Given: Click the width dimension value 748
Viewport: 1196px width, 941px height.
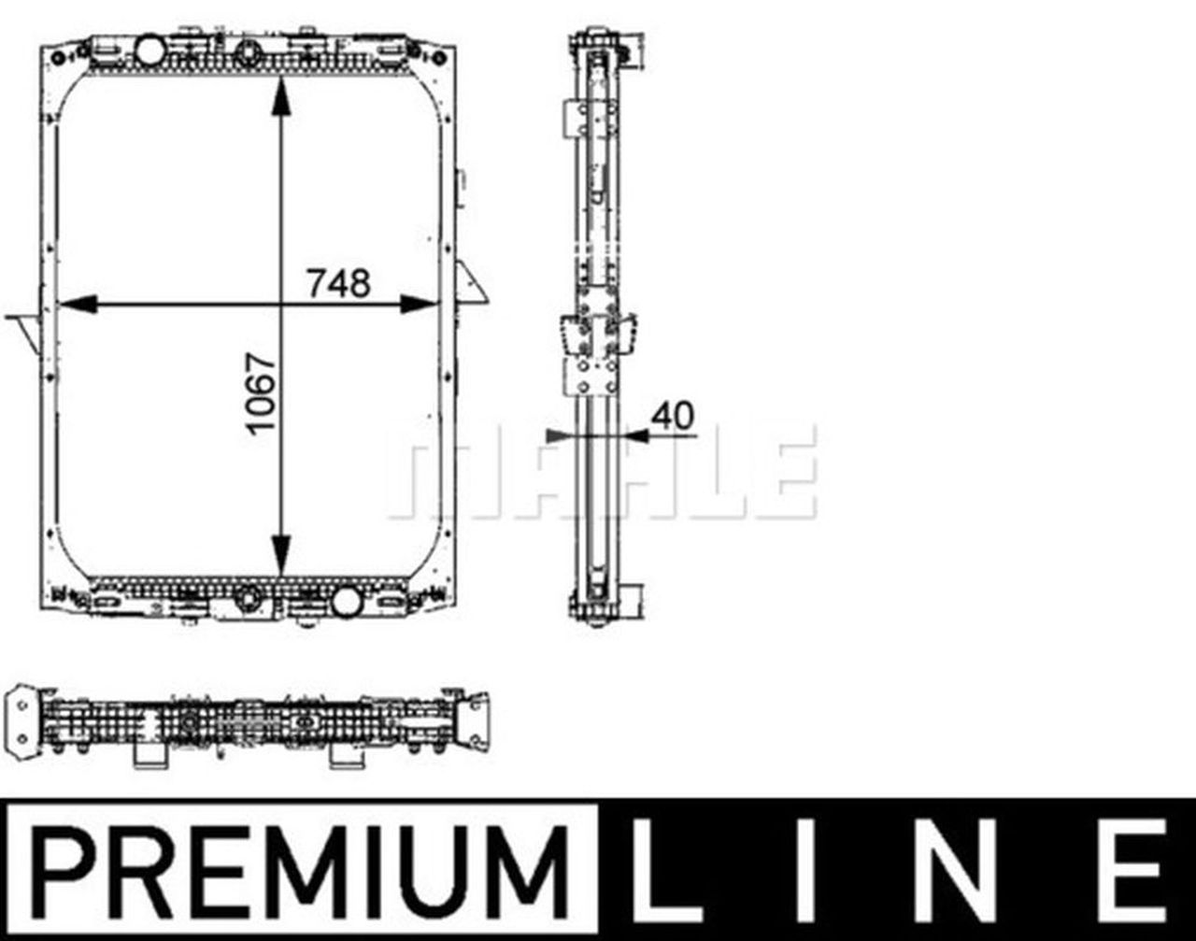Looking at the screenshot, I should pyautogui.click(x=339, y=283).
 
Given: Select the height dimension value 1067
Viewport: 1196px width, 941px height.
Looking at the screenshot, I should pyautogui.click(x=263, y=392).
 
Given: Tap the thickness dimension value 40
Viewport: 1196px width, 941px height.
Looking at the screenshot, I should pyautogui.click(x=674, y=416).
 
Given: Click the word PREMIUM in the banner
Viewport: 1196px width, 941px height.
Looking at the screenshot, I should pyautogui.click(x=298, y=870).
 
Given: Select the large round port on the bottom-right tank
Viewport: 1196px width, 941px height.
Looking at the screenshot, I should pyautogui.click(x=347, y=599).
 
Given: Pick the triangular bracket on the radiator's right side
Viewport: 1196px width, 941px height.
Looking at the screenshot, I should pyautogui.click(x=472, y=285).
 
